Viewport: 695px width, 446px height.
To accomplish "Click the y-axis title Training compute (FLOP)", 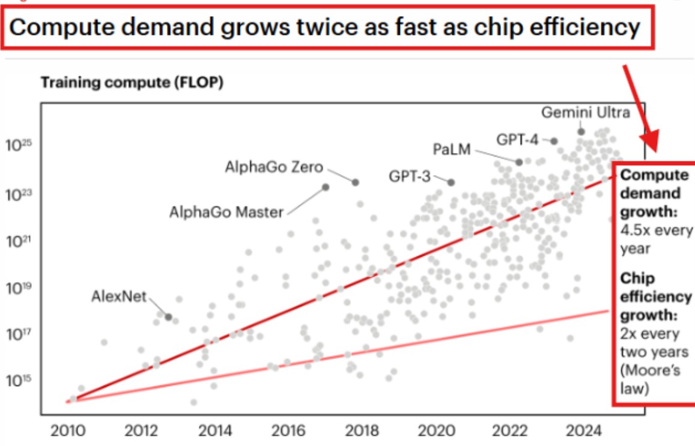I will click(132, 83).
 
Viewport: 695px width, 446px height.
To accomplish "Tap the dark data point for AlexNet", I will click(169, 316).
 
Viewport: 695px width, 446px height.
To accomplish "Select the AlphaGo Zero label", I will click(274, 166).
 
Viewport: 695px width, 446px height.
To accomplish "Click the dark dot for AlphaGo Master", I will click(326, 187).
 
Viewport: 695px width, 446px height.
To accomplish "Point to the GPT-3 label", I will click(409, 176).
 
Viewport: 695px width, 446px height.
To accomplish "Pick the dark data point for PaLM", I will click(519, 162).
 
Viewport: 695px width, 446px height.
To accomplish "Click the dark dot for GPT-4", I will click(554, 141).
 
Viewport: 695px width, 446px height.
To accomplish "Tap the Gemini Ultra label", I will click(586, 112).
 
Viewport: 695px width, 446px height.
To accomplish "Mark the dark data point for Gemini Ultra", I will click(581, 131).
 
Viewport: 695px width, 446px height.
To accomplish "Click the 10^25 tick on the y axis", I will click(18, 146).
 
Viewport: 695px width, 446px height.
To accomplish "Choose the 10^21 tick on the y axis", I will click(18, 240).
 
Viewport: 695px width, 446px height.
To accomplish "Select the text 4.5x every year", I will click(656, 239).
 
